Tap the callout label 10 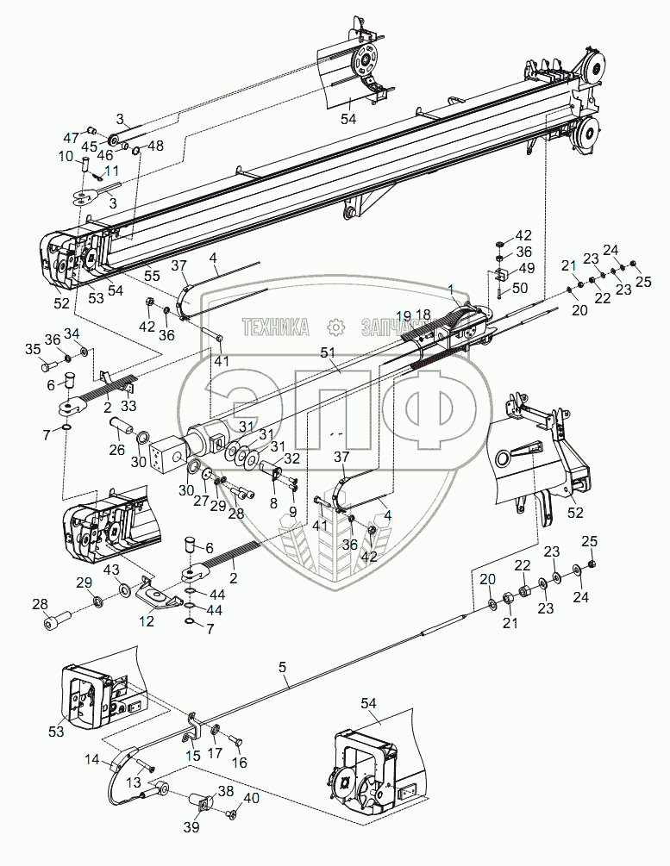[x=66, y=157]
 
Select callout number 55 [x=152, y=276]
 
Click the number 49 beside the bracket [x=525, y=268]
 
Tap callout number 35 [x=34, y=349]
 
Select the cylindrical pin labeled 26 [x=119, y=426]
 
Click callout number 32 [x=292, y=458]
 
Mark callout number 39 [x=191, y=827]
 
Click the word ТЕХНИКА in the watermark [x=276, y=327]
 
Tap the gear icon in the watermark [x=335, y=327]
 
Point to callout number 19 [x=404, y=315]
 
